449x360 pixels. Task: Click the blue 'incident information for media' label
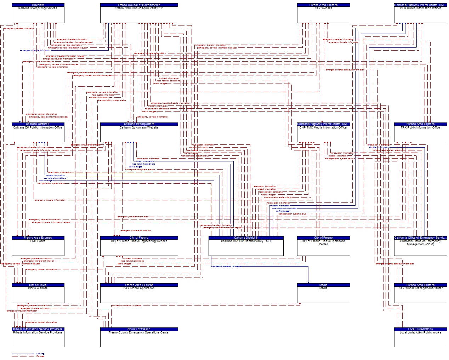pos(227,266)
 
